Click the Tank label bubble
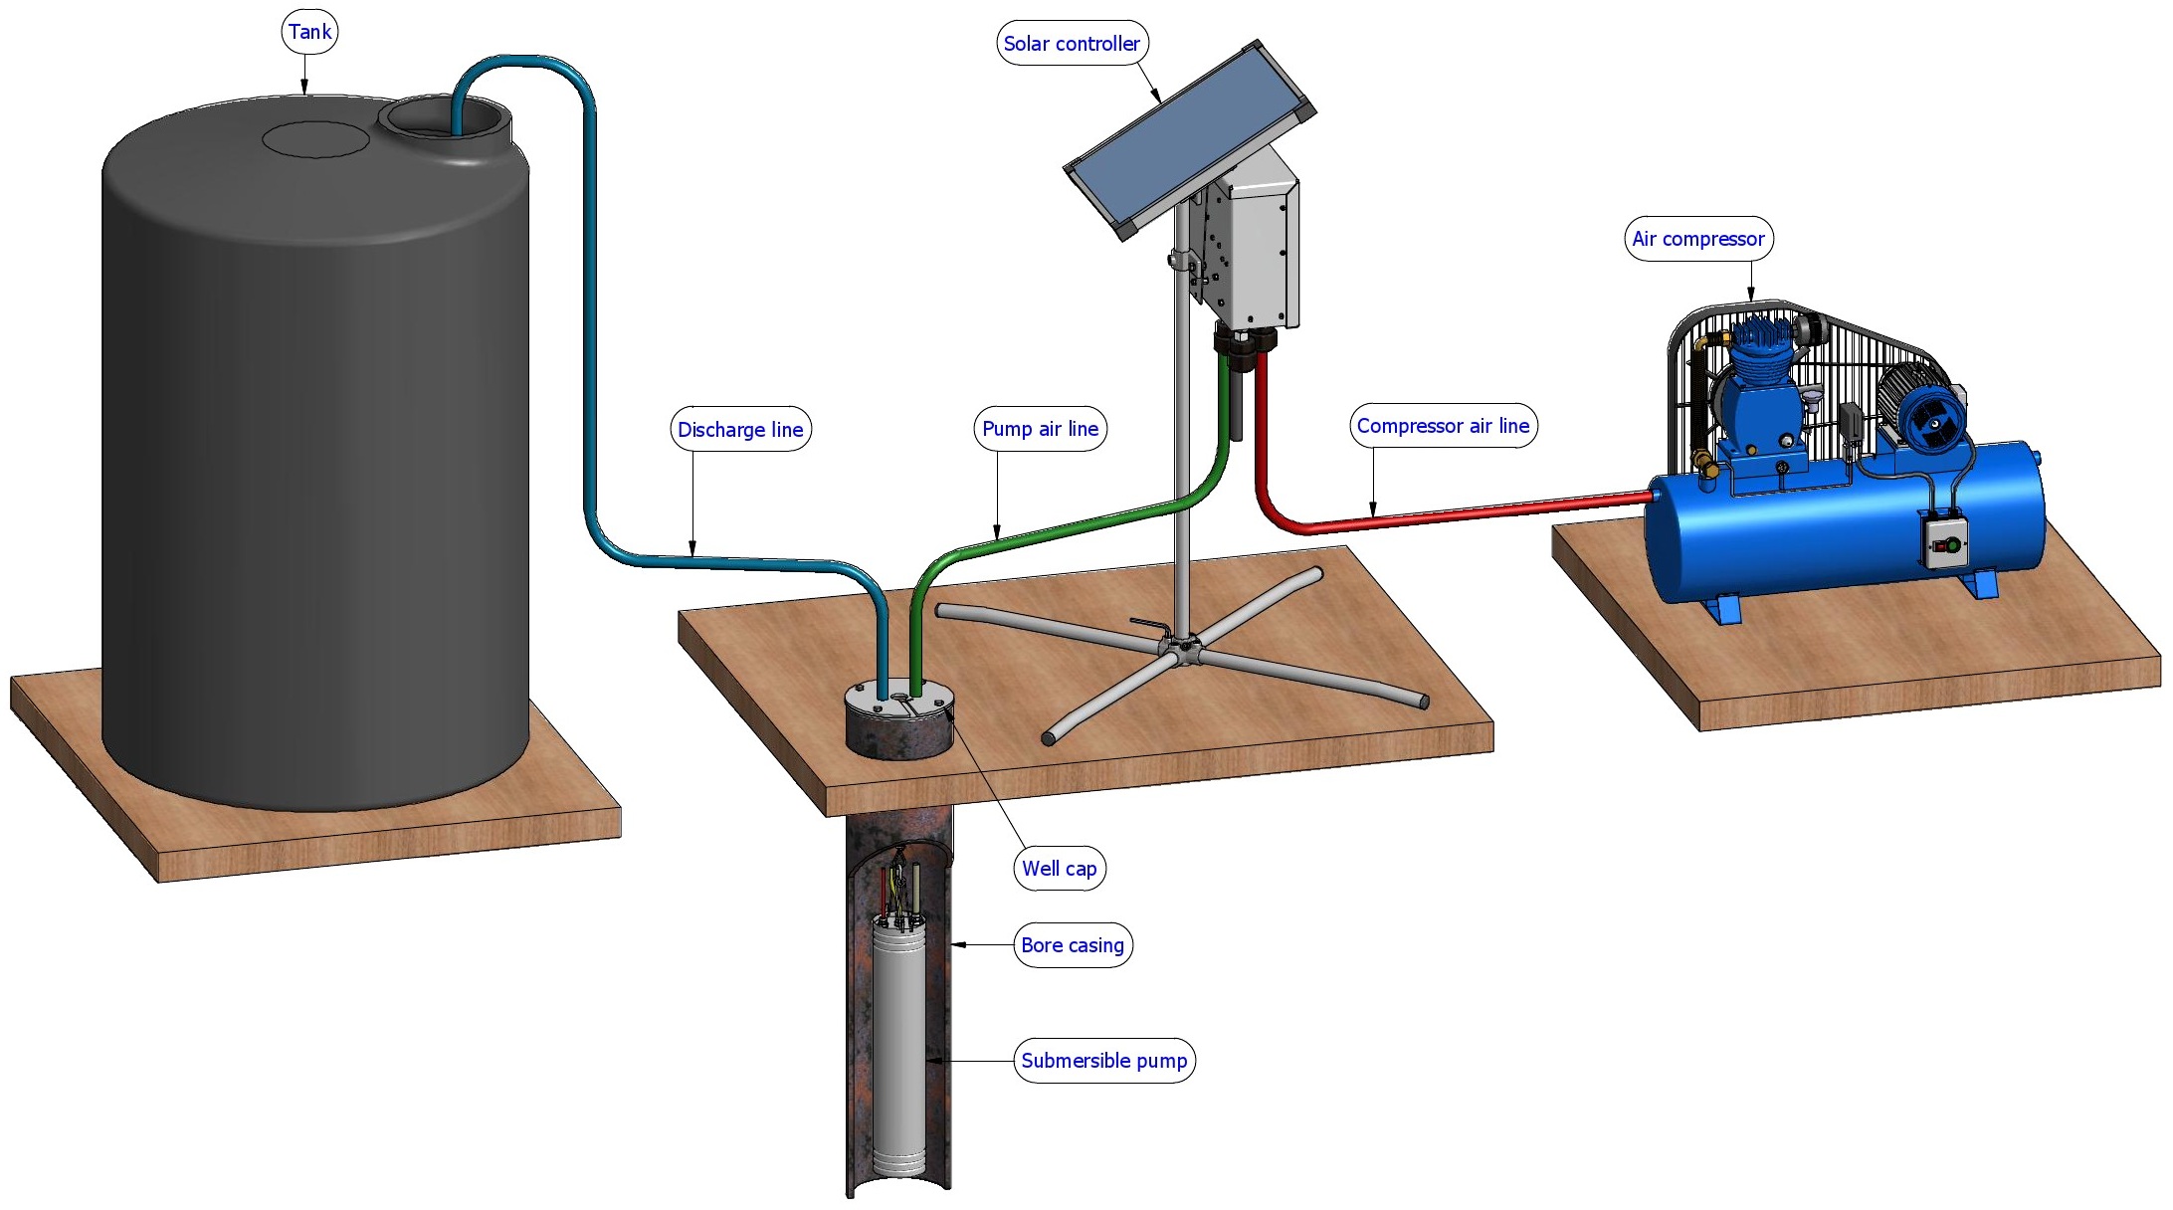(x=309, y=32)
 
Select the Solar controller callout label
(x=1072, y=44)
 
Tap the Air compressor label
(x=1698, y=239)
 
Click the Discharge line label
(x=740, y=430)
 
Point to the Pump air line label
(x=1040, y=429)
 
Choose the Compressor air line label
(x=1443, y=426)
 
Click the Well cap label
(x=1060, y=869)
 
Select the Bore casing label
(x=1073, y=945)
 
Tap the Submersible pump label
(x=1104, y=1061)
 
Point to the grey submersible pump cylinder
(x=899, y=1045)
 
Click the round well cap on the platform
(x=899, y=719)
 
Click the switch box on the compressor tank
(x=1945, y=542)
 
